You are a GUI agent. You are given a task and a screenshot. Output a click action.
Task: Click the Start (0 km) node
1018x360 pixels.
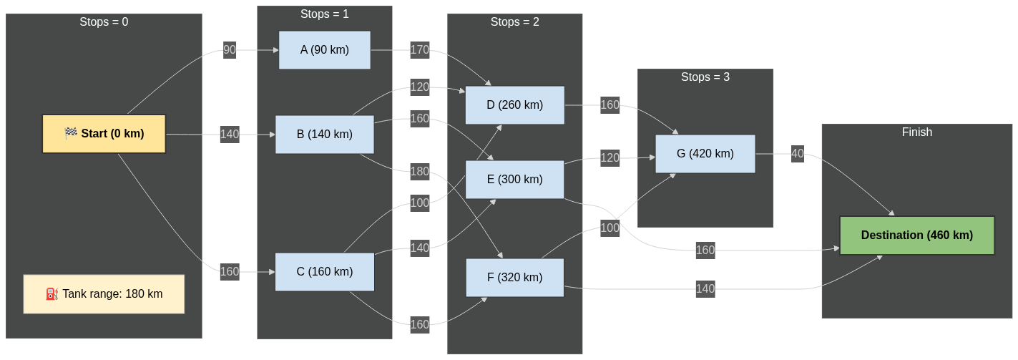[104, 134]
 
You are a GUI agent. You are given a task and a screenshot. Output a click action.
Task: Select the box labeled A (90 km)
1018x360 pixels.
[325, 50]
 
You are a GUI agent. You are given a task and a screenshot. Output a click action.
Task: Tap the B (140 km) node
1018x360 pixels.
[325, 134]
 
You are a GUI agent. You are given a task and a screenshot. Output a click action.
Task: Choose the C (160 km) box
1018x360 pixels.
[325, 272]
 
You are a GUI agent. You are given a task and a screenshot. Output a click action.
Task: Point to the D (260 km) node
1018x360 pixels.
[514, 105]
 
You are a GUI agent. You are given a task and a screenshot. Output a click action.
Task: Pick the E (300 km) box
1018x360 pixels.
[514, 180]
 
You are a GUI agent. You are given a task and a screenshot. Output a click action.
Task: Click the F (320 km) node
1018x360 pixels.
[514, 278]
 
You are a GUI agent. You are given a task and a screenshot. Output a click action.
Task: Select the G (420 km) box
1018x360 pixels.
[705, 154]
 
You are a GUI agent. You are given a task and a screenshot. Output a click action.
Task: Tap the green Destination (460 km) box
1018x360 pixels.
[916, 235]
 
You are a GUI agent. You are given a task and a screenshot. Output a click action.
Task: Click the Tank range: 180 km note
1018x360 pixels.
[104, 294]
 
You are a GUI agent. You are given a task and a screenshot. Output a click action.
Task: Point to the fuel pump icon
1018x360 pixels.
[52, 294]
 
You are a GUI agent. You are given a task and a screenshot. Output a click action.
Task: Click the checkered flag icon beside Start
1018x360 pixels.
[71, 134]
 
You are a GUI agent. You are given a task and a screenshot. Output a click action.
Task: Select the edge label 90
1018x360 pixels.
[230, 50]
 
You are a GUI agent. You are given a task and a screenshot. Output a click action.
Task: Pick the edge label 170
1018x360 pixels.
[419, 50]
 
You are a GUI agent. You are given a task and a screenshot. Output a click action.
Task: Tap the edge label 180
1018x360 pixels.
[419, 171]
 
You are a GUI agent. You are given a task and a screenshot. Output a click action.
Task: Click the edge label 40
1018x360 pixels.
[798, 153]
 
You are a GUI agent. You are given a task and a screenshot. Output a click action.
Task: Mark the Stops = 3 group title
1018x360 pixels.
[705, 77]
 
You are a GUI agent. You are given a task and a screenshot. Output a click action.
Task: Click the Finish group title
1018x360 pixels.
[916, 132]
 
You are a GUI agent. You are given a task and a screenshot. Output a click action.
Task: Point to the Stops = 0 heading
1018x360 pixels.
[104, 22]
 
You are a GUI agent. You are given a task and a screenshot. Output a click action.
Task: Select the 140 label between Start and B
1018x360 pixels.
[230, 135]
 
